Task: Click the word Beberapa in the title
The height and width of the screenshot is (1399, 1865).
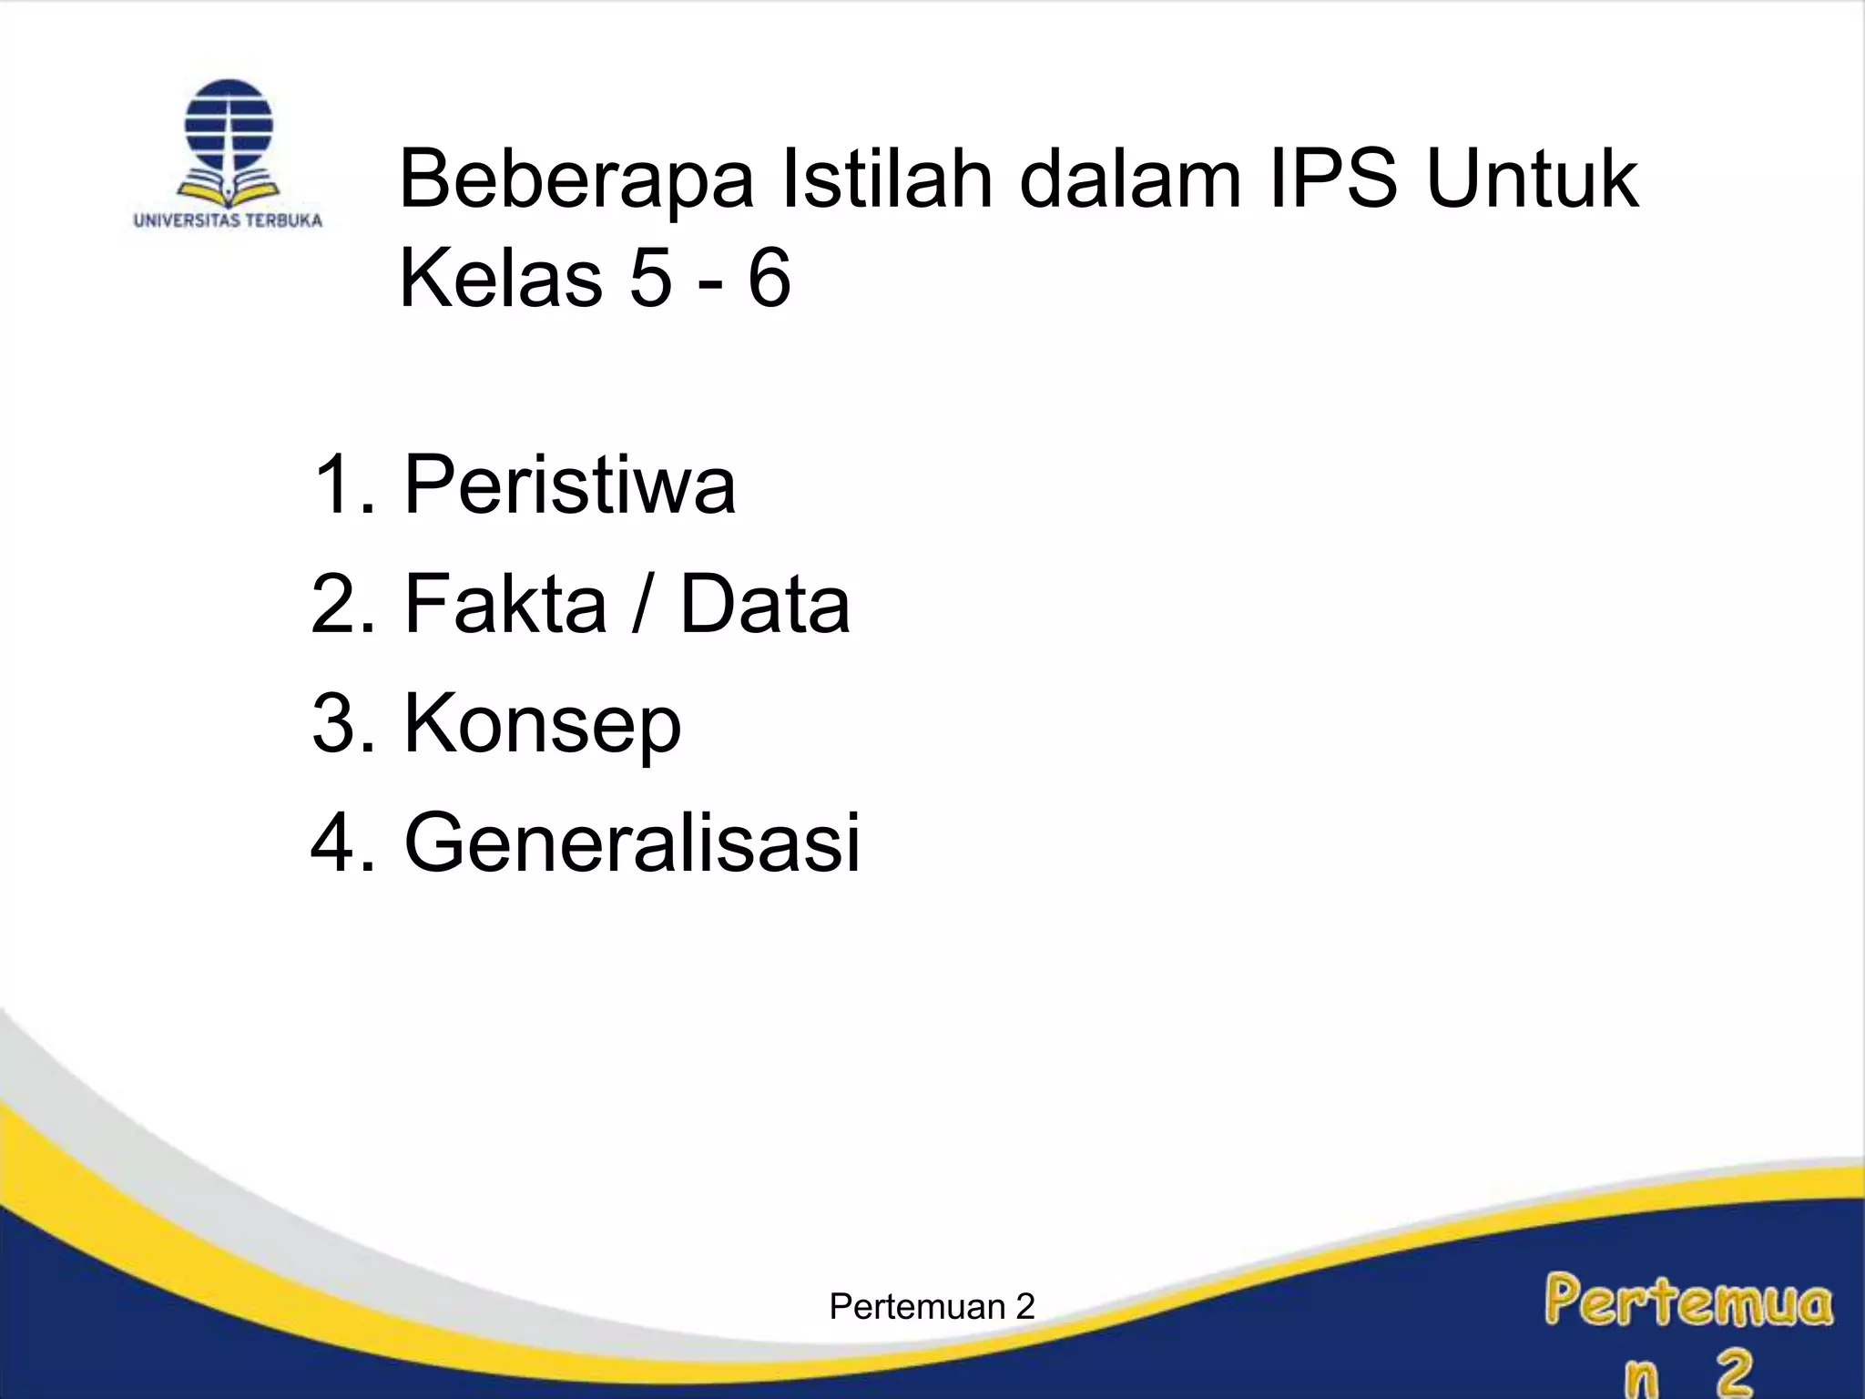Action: tap(576, 180)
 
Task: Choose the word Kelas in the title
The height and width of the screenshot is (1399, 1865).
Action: tap(500, 278)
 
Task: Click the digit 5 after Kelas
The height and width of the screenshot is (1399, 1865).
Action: tap(650, 278)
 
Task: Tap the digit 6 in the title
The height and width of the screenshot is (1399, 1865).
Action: tap(769, 278)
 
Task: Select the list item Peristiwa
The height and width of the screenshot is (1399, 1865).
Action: tap(569, 485)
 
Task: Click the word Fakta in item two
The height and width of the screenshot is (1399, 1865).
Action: tap(505, 604)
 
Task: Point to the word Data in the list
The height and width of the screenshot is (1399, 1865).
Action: tap(765, 604)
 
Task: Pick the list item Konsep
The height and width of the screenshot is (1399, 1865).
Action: tap(542, 725)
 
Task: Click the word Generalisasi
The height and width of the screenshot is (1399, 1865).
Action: tap(632, 842)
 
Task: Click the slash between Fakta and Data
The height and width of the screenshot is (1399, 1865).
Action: tap(643, 604)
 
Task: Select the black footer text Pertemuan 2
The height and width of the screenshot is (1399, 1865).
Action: tap(932, 1307)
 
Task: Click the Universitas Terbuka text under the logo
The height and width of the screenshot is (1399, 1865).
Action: tap(228, 220)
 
